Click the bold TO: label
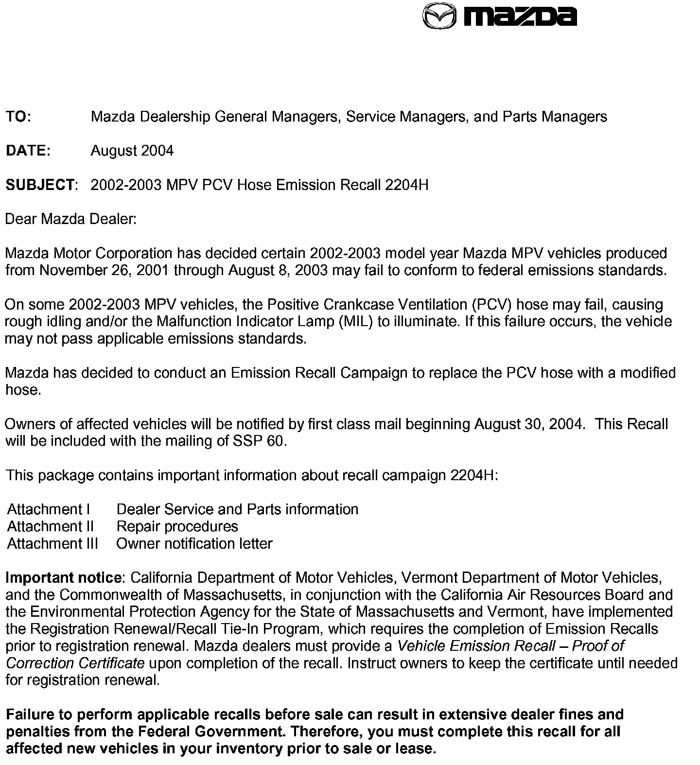(x=18, y=117)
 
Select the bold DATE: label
(x=28, y=151)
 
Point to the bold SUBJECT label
(x=40, y=185)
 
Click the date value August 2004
(x=132, y=151)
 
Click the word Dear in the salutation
(x=20, y=219)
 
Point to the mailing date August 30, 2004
(x=527, y=424)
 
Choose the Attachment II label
(x=51, y=526)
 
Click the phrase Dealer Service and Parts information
(x=237, y=509)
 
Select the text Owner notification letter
(x=194, y=543)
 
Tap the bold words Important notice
(x=63, y=578)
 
